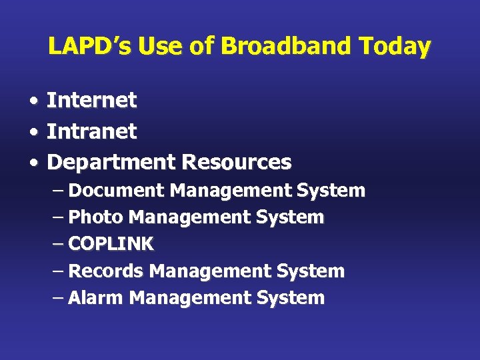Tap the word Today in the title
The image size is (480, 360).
tap(395, 47)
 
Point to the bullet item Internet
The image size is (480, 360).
tap(91, 101)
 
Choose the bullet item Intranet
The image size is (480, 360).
tap(91, 131)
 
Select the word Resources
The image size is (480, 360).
tap(237, 162)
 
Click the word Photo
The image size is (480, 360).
tap(96, 217)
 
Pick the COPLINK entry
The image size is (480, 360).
tap(111, 244)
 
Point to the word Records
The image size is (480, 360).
tap(106, 271)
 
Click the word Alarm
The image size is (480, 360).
tap(96, 298)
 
